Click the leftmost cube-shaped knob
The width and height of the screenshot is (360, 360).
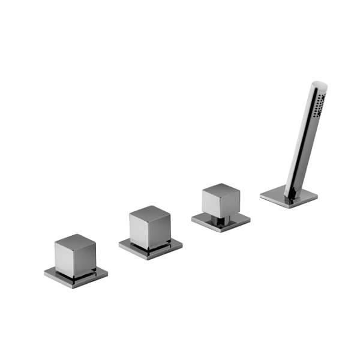coord(75,255)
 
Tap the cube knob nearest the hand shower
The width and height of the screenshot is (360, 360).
coord(221,201)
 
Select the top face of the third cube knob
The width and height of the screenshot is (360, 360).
coord(221,190)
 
